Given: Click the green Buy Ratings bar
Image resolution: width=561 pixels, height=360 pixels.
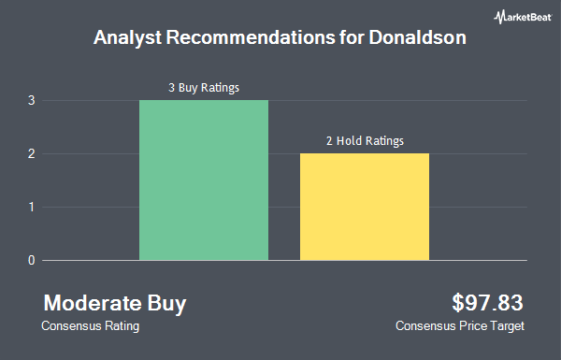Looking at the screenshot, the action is [204, 180].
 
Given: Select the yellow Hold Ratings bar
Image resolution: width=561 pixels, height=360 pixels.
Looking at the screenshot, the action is [365, 207].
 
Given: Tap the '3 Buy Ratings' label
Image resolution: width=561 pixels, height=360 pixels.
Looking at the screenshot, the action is [204, 88].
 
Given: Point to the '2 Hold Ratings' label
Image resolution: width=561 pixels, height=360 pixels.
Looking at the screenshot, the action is [365, 141].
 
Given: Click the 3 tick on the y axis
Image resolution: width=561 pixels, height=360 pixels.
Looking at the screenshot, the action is [32, 101].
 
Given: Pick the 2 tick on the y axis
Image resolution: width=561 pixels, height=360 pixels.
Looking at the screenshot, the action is [32, 154].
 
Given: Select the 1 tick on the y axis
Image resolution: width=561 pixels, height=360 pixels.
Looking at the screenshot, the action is [32, 208].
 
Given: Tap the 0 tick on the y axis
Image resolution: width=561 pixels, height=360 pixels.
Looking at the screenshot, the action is [32, 260].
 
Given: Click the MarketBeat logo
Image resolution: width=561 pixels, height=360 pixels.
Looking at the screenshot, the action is [523, 17].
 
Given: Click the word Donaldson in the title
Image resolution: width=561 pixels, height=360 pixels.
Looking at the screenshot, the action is [418, 37].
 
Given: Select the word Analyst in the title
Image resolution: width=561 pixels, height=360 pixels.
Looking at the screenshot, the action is [128, 38].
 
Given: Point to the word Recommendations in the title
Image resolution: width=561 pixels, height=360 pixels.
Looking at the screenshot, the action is [251, 37].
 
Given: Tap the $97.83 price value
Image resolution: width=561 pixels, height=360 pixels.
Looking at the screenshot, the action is [487, 303].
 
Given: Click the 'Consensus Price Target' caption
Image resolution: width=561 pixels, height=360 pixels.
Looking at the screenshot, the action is [460, 326].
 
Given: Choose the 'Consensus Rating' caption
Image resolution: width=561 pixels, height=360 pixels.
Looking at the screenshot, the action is [90, 326].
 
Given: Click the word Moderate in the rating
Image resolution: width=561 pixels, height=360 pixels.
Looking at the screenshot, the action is [93, 303].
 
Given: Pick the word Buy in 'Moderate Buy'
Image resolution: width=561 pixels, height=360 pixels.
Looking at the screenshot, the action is [166, 304].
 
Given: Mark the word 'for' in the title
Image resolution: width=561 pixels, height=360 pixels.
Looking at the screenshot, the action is [352, 37].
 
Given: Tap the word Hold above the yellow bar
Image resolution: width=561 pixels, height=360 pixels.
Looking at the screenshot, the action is [349, 140].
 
